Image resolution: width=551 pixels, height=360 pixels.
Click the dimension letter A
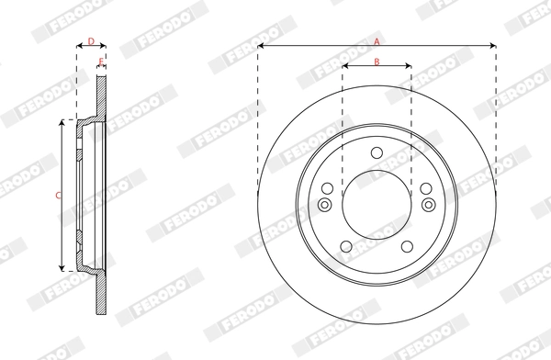pos(377,39)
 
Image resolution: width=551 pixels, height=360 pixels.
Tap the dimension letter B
pos(377,61)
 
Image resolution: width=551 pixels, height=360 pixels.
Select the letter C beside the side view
pos(57,195)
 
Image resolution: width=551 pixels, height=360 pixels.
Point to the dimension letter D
pos(90,41)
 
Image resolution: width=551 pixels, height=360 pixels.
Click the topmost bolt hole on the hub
pos(377,152)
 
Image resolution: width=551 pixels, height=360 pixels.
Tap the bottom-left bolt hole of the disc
pos(345,247)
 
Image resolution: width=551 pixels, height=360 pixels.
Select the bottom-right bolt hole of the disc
pos(408,247)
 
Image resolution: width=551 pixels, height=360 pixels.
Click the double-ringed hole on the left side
pos(325,205)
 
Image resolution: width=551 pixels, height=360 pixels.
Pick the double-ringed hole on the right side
pos(428,205)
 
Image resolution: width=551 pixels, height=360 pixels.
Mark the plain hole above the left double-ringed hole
pos(326,188)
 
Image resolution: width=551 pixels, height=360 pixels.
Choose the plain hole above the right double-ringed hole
pos(427,188)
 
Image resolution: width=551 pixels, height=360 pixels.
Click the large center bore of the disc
pos(377,206)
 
